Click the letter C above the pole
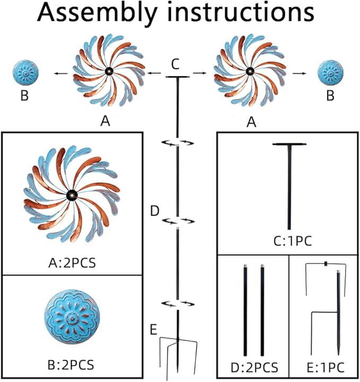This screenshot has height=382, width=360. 177,64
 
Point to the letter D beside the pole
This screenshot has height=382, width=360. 154,212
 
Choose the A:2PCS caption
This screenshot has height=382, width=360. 72,263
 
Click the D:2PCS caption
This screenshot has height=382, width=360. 253,367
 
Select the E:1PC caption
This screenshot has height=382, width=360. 323,367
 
